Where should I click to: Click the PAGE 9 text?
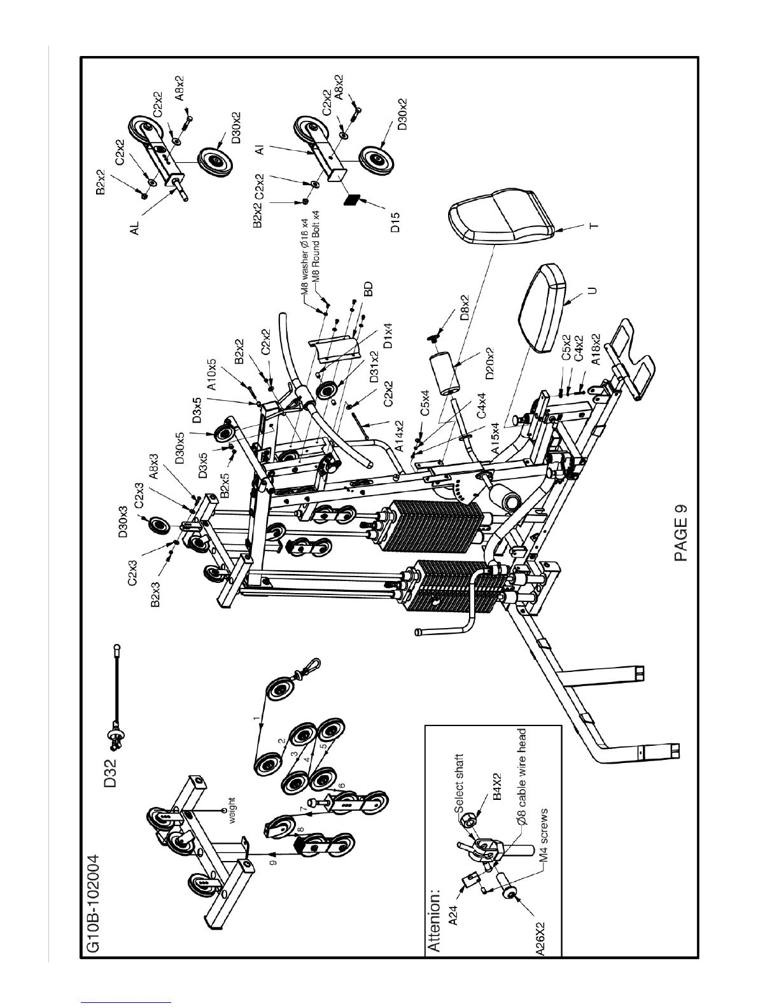(682, 533)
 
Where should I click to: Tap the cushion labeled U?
(545, 309)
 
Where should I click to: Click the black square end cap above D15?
(351, 199)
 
